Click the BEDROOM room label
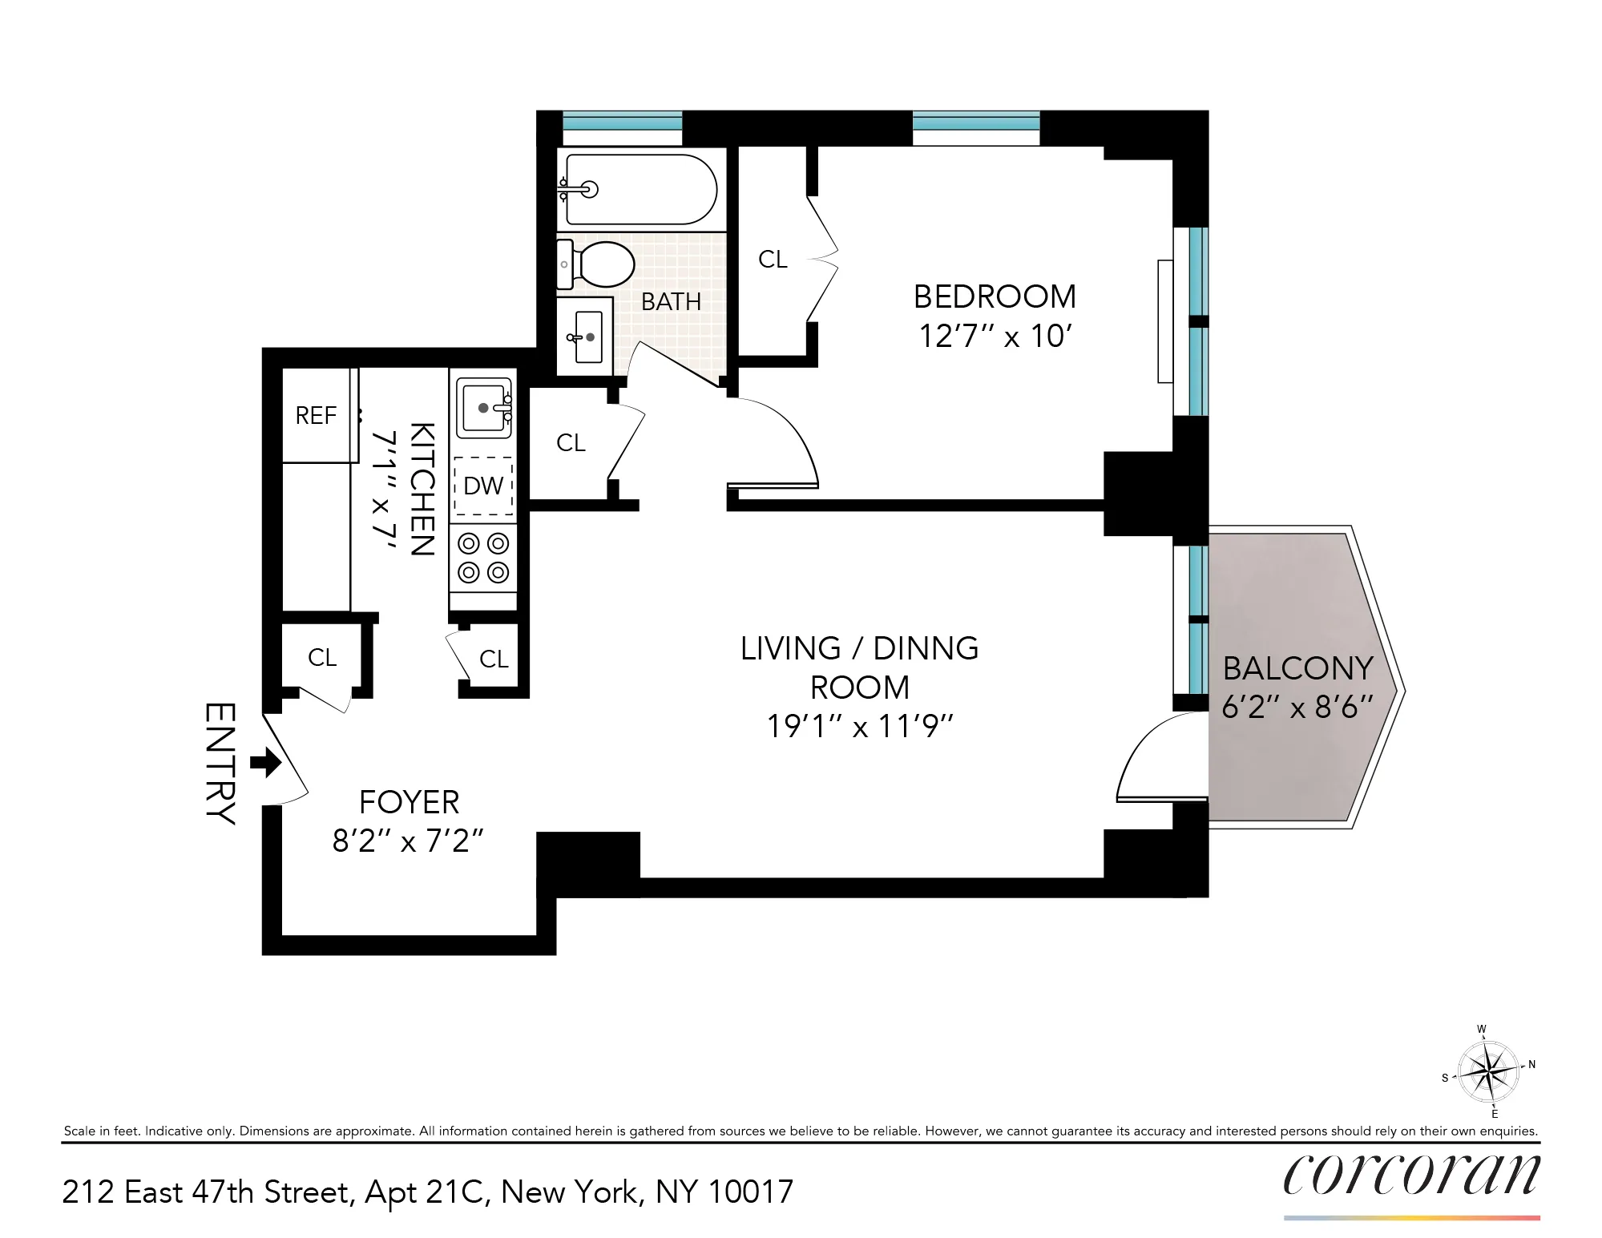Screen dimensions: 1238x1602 pos(995,297)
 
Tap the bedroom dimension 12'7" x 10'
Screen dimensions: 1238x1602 pos(995,337)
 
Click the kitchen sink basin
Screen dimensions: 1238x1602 pos(483,408)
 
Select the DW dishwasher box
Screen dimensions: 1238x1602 pos(483,486)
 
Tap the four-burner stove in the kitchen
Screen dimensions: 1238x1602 pos(483,558)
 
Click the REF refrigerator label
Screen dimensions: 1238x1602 pos(316,416)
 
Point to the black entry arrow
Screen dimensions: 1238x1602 pos(266,762)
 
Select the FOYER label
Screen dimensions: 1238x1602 pos(409,802)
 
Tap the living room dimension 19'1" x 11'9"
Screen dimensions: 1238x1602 pos(859,727)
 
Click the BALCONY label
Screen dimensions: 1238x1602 pos(1297,668)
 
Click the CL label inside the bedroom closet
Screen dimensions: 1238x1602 pos(773,260)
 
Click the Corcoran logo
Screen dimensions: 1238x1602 pos(1411,1175)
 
